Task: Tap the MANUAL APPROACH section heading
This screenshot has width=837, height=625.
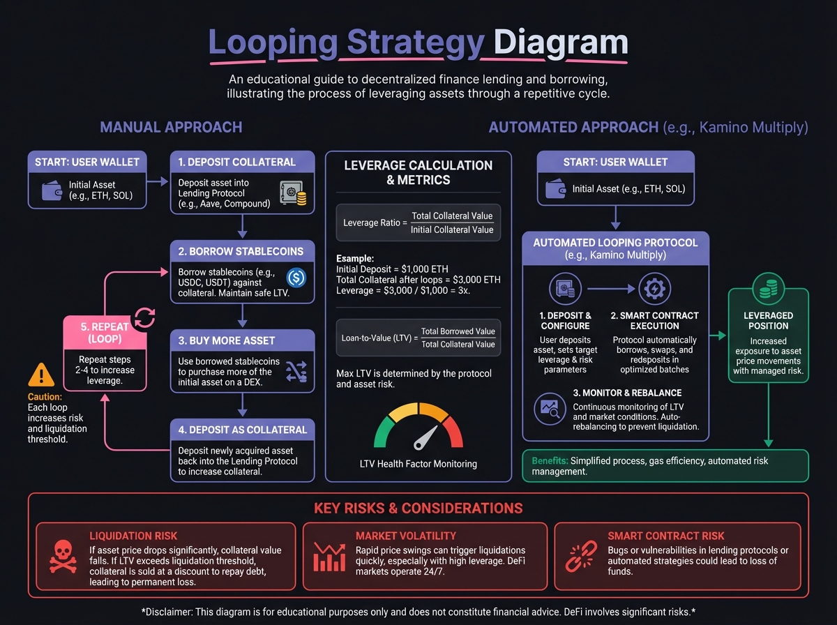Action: [x=171, y=127]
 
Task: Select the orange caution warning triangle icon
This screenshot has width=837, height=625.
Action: [x=41, y=377]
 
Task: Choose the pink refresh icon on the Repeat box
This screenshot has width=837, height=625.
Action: [x=144, y=318]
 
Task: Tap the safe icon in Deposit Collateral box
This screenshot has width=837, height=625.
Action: [x=292, y=193]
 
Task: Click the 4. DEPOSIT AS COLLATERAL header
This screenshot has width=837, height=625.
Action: [x=243, y=429]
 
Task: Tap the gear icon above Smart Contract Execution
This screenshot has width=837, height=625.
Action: [x=654, y=287]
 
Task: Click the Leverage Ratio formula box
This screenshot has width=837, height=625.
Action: [x=418, y=223]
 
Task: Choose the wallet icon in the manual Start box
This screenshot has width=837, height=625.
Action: [x=53, y=190]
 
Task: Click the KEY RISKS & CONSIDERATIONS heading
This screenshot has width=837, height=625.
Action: [x=418, y=508]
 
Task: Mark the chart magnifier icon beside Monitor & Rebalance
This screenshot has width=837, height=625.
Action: [x=550, y=409]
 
